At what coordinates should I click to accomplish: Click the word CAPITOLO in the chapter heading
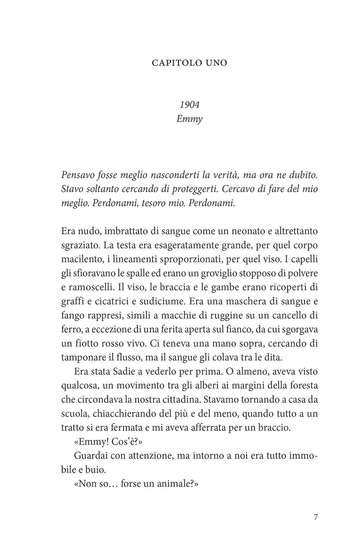[x=174, y=63]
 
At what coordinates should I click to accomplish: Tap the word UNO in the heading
[x=215, y=63]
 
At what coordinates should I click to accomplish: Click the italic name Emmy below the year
[x=189, y=119]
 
